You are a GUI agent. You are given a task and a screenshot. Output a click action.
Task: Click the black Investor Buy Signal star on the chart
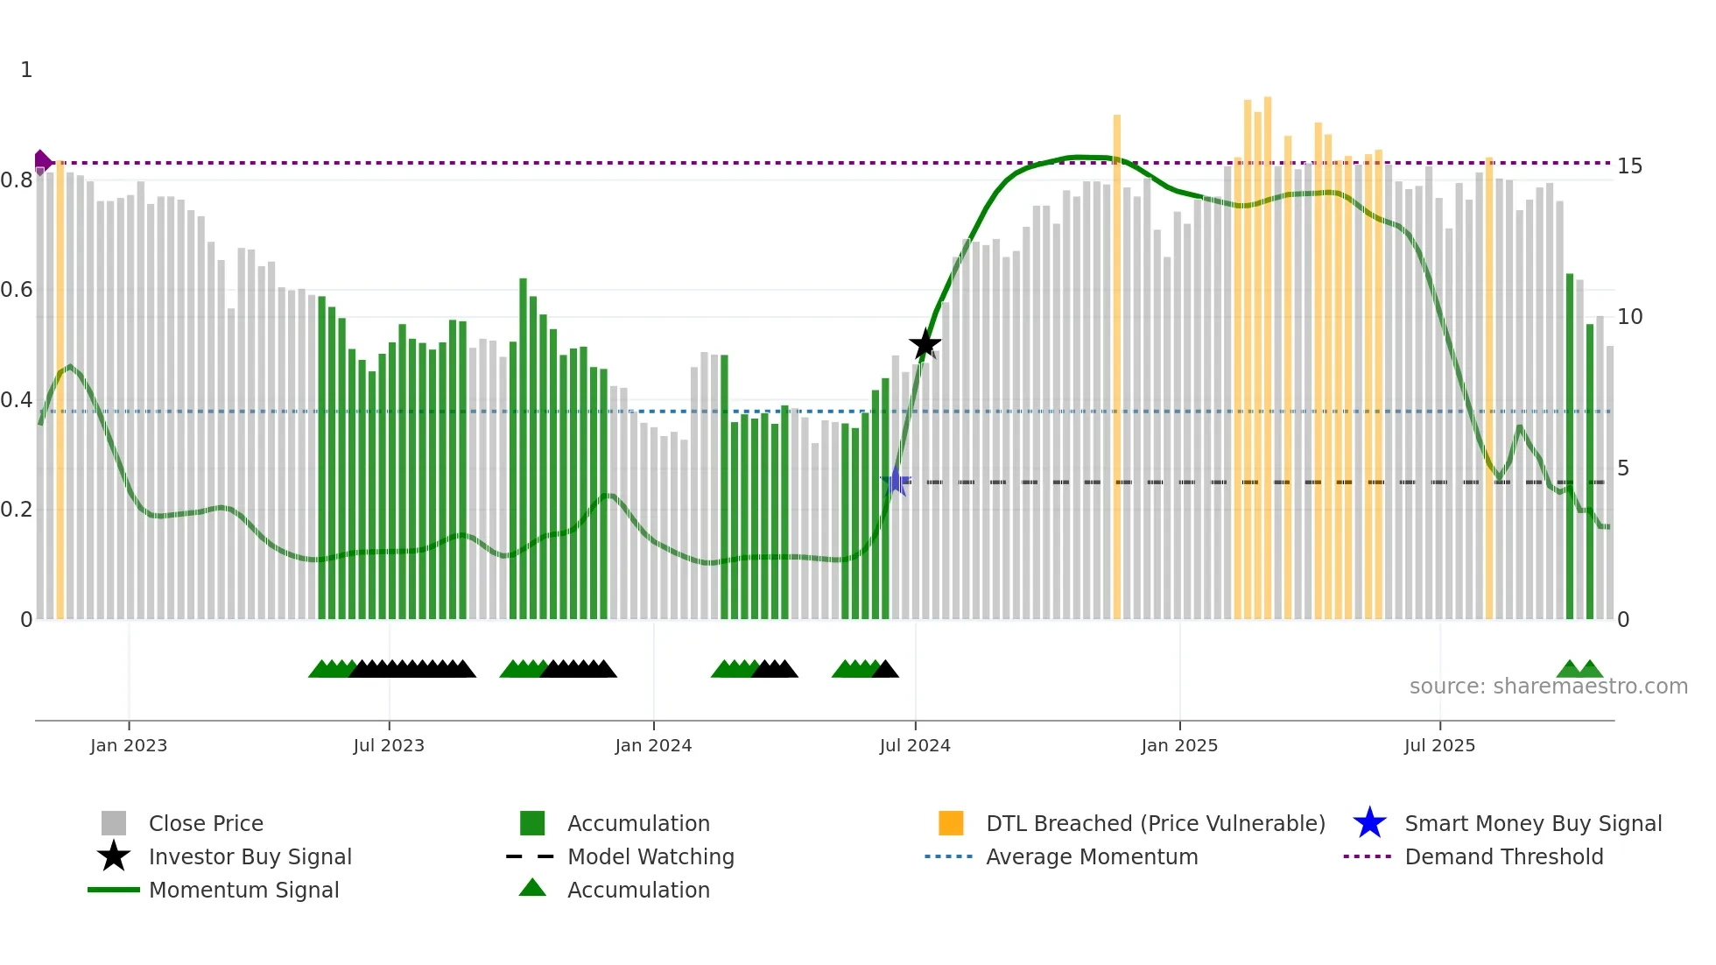click(x=925, y=344)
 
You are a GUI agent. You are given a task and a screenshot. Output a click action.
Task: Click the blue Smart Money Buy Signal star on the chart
click(x=896, y=481)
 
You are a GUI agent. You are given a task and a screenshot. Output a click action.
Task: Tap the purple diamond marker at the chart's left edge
click(x=41, y=162)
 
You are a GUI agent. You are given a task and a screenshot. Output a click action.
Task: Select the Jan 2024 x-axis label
click(x=653, y=745)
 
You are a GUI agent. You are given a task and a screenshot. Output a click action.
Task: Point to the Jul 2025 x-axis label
click(x=1439, y=745)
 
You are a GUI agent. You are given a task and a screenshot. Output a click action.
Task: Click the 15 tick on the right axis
click(x=1629, y=166)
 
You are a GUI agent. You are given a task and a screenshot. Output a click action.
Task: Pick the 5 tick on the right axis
click(x=1623, y=468)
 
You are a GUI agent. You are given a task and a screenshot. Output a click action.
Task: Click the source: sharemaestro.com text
click(x=1548, y=686)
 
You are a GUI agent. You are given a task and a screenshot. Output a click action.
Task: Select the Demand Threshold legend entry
click(x=1503, y=856)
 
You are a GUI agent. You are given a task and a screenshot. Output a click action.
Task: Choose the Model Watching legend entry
click(x=650, y=856)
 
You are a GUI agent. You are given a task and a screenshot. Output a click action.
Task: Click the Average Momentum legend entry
click(x=1091, y=856)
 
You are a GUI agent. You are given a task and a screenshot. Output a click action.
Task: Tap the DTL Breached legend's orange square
click(x=951, y=823)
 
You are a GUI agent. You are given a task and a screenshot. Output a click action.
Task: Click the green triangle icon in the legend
click(x=532, y=889)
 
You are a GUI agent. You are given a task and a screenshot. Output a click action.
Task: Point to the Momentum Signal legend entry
click(x=243, y=890)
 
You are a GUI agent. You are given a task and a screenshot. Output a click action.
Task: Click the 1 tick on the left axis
click(x=26, y=70)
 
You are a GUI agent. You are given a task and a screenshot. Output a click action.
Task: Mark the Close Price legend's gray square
click(x=114, y=823)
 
